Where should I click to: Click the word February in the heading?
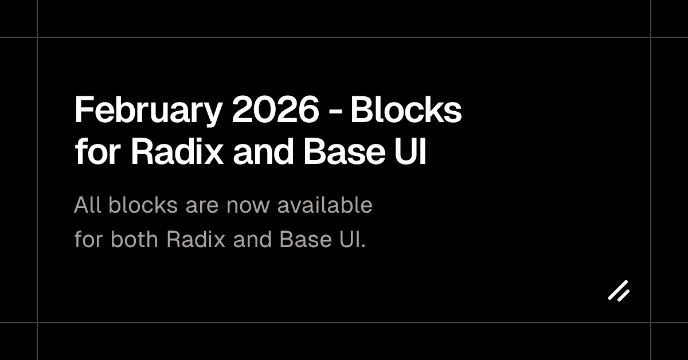point(148,111)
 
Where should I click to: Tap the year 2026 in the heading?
point(276,109)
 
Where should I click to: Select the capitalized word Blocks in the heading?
point(406,109)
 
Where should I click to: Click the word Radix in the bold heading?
point(177,151)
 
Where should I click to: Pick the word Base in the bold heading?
point(345,151)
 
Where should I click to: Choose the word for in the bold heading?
point(97,151)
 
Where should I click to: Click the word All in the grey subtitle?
point(88,205)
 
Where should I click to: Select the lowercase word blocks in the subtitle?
point(143,205)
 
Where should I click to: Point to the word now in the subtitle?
point(248,206)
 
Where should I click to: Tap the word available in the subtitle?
point(325,205)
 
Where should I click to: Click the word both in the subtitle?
point(134,238)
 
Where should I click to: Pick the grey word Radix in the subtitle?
point(196,238)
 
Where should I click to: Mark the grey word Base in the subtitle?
point(306,238)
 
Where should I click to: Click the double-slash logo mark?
point(619,291)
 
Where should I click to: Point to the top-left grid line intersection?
point(37,37)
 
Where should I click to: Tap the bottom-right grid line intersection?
point(651,323)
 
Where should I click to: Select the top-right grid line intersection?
point(651,37)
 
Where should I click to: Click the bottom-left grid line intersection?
point(37,323)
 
